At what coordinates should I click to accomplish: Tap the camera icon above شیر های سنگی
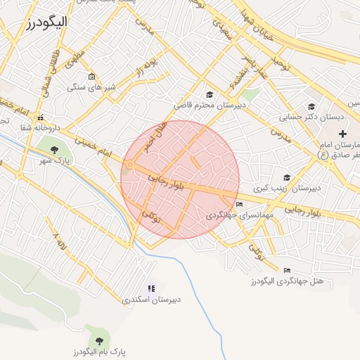91,77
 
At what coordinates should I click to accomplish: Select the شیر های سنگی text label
91,88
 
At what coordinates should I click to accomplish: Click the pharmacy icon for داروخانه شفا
41,117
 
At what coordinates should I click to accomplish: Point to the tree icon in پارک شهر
53,148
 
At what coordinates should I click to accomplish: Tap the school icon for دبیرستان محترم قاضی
209,95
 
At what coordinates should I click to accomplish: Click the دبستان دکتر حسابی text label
309,117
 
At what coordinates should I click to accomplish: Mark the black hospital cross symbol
342,134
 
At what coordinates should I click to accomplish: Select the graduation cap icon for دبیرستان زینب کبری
286,177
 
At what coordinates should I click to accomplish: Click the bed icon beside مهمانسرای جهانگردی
240,205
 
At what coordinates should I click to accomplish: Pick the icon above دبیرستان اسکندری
150,288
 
